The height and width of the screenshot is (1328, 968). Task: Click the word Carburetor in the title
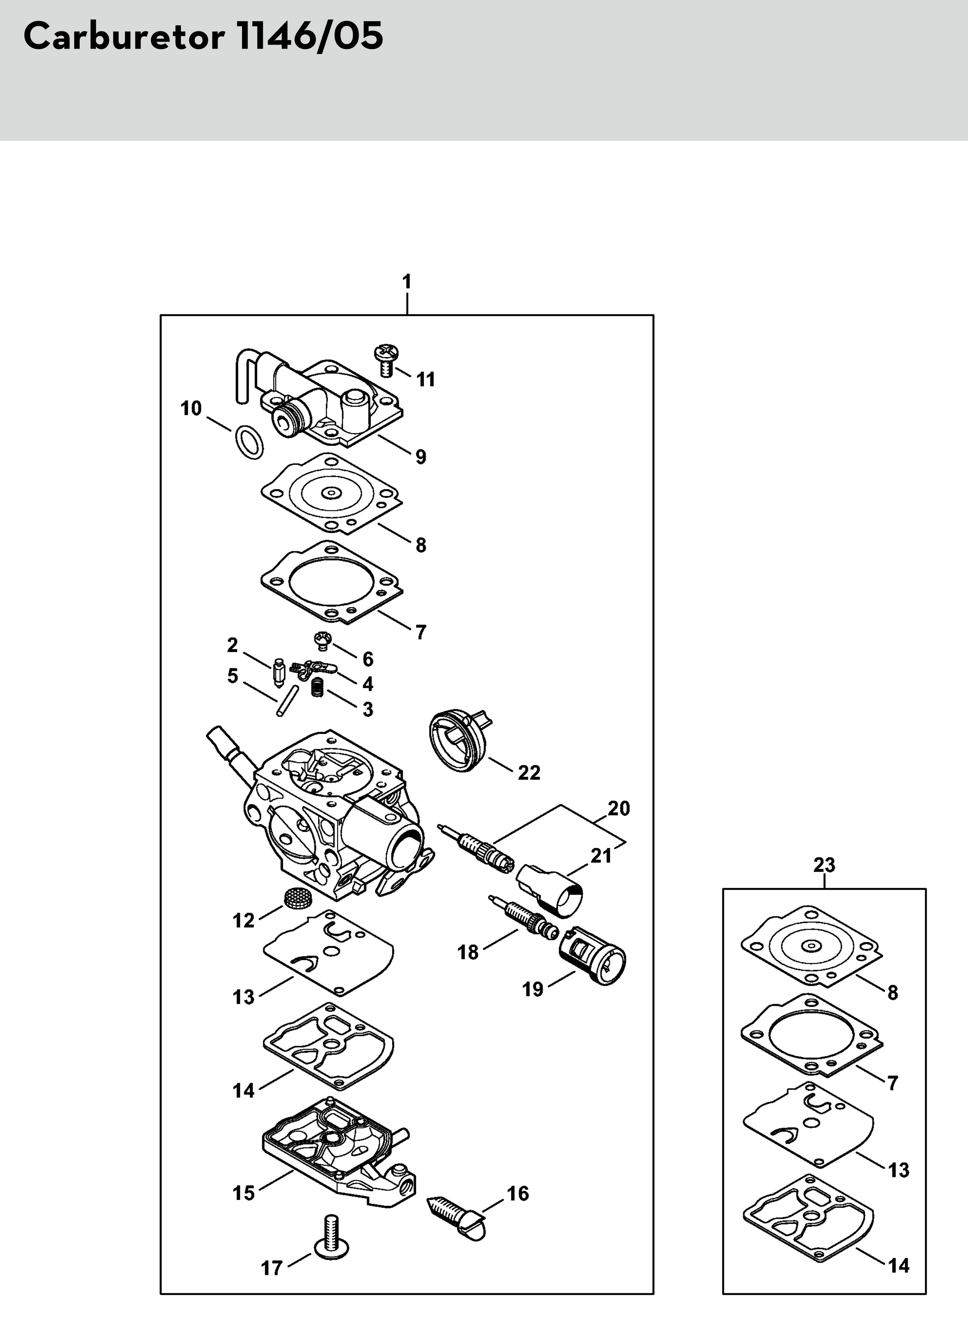(124, 36)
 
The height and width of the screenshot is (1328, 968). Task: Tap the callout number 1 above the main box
(407, 282)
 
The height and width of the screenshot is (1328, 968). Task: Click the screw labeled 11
(386, 361)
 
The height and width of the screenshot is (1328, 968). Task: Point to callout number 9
(421, 457)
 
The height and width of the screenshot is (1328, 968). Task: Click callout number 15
(244, 1193)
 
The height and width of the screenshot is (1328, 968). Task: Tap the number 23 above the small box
(824, 865)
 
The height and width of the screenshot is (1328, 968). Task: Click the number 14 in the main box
(244, 1091)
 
